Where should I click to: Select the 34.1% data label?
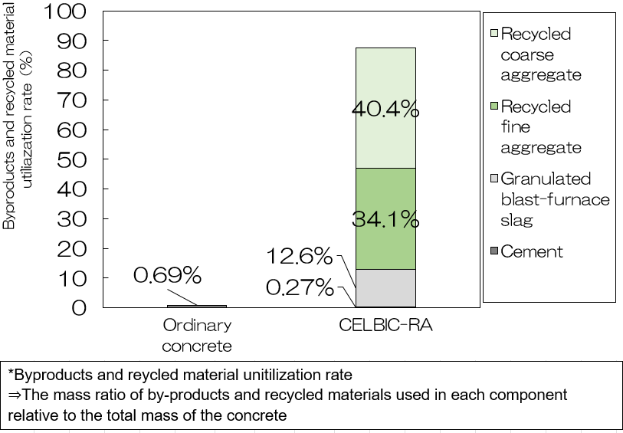(385, 221)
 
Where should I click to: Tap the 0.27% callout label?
(300, 288)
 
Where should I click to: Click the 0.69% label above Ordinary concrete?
(167, 275)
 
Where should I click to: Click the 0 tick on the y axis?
(80, 308)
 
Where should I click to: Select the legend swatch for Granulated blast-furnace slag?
(493, 179)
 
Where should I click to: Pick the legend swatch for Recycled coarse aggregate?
(493, 33)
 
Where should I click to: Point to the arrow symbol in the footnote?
(15, 395)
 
